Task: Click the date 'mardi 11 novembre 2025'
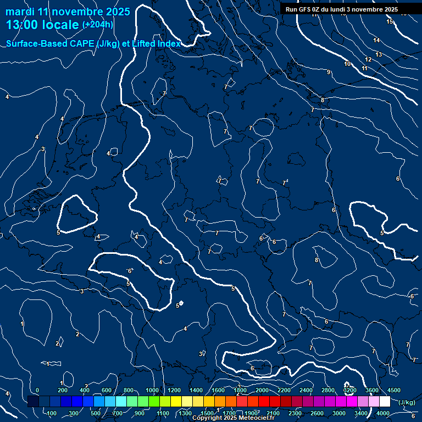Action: coord(68,12)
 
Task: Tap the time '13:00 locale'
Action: coord(42,25)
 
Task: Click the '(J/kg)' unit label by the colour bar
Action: coord(407,403)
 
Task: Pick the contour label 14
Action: coord(376,40)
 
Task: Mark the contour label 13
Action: coord(379,54)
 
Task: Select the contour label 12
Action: coord(368,59)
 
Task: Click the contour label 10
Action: coord(347,64)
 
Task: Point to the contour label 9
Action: coord(329,73)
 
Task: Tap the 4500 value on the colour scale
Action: coord(394,390)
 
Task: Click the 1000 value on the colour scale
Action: coord(152,390)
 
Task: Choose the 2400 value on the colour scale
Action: coord(306,390)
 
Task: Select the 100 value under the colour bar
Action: coord(52,413)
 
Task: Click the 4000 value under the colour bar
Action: coord(383,413)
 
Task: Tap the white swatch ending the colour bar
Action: coord(385,402)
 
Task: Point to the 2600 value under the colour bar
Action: coord(317,413)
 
